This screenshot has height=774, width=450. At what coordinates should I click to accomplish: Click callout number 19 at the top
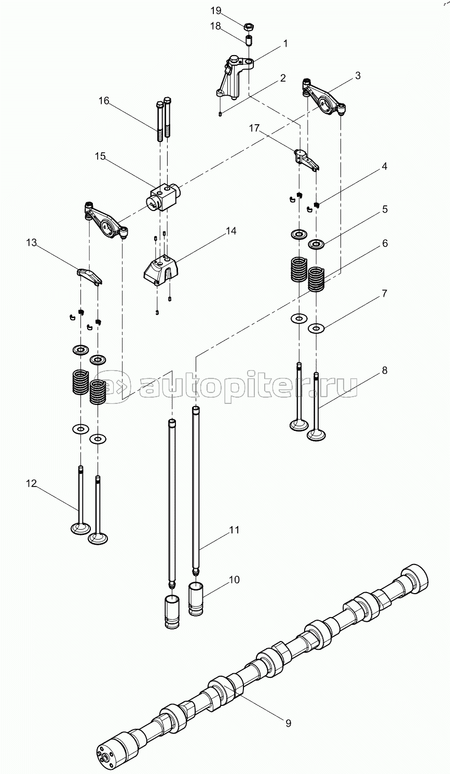(216, 11)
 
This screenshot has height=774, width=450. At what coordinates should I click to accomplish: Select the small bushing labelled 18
(248, 40)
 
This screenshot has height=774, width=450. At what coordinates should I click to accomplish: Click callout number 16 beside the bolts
(104, 101)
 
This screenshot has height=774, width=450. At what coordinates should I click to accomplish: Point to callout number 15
(100, 156)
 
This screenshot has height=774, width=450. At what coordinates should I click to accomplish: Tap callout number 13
(32, 243)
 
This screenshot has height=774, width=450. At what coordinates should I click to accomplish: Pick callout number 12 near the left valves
(31, 483)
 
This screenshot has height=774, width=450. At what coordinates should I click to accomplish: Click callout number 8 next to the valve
(385, 370)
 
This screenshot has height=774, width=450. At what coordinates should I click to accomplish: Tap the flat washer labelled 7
(316, 328)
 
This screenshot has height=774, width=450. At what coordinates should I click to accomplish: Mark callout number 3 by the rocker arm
(358, 75)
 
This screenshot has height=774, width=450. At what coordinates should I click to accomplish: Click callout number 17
(254, 128)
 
